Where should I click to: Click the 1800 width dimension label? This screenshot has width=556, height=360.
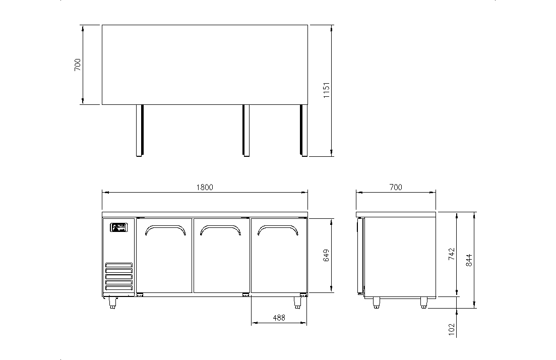205,187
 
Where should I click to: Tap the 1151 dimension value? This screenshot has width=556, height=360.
327,90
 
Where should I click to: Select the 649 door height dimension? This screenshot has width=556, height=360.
326,255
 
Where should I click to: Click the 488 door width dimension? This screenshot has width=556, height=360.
279,318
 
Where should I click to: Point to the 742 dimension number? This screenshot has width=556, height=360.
451,254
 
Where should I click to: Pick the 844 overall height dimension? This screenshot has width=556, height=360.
469,261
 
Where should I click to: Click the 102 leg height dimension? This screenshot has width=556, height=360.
451,330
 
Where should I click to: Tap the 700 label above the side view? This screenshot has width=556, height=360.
396,187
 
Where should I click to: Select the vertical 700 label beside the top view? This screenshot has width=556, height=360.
78,65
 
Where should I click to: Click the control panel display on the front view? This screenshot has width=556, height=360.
118,227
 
